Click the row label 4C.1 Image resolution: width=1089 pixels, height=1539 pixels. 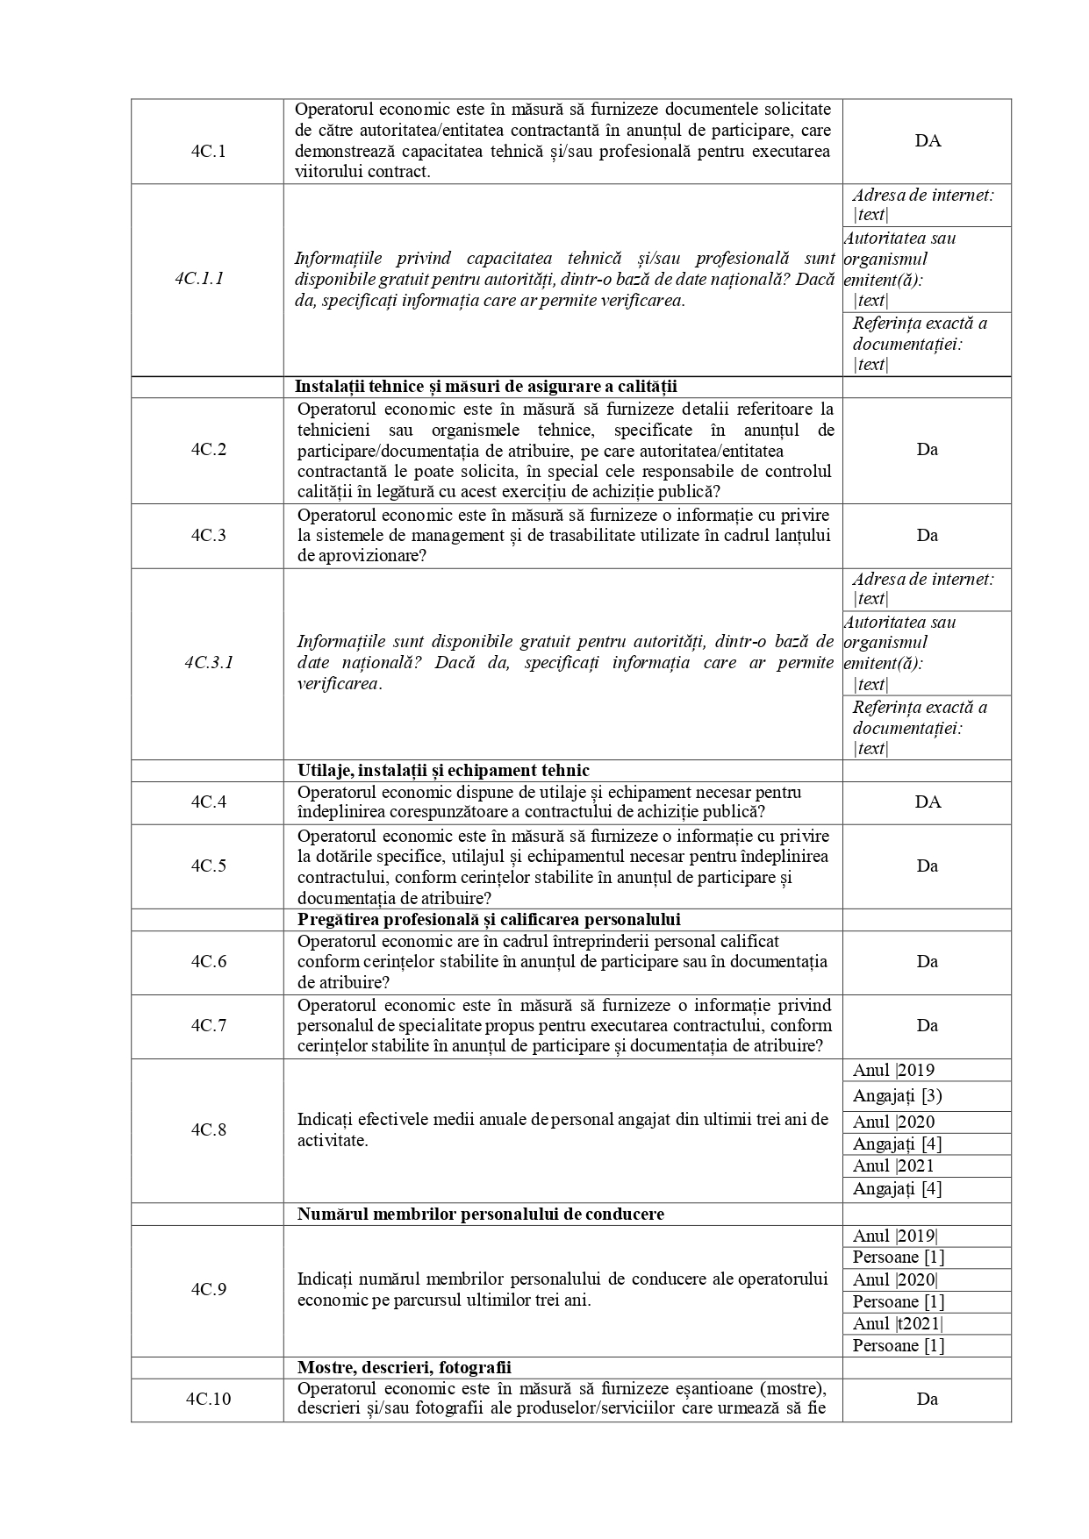tap(208, 150)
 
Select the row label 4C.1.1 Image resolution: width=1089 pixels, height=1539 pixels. tap(199, 279)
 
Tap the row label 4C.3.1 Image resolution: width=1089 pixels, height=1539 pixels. tap(209, 662)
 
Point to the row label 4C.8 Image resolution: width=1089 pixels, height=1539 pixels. tap(209, 1129)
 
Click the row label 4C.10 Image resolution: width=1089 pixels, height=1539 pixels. tap(209, 1399)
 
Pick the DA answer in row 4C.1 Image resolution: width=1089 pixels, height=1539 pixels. tap(928, 140)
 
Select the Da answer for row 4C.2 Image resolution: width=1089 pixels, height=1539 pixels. tap(928, 449)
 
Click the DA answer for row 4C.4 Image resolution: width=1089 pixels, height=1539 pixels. tap(928, 802)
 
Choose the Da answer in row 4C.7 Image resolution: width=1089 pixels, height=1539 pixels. tap(928, 1025)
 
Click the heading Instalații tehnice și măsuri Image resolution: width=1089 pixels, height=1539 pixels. tap(486, 387)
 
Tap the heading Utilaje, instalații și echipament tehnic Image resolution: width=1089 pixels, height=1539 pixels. tap(443, 771)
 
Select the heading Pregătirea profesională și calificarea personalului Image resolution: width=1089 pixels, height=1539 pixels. tap(489, 919)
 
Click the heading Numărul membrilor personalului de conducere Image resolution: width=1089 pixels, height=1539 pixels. tap(480, 1214)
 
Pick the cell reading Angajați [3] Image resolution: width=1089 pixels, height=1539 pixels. tap(897, 1095)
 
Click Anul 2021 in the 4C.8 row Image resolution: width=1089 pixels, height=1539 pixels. tap(893, 1165)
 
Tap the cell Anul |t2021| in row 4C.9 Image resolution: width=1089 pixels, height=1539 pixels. tap(898, 1323)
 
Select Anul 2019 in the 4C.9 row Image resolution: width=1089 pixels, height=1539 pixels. tap(895, 1236)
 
